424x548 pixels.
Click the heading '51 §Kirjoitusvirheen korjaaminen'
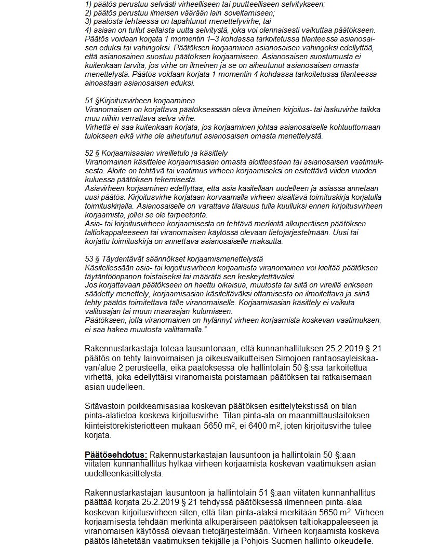(140, 100)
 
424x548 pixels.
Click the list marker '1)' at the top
(88, 5)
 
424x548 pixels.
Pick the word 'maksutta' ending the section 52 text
(268, 241)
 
